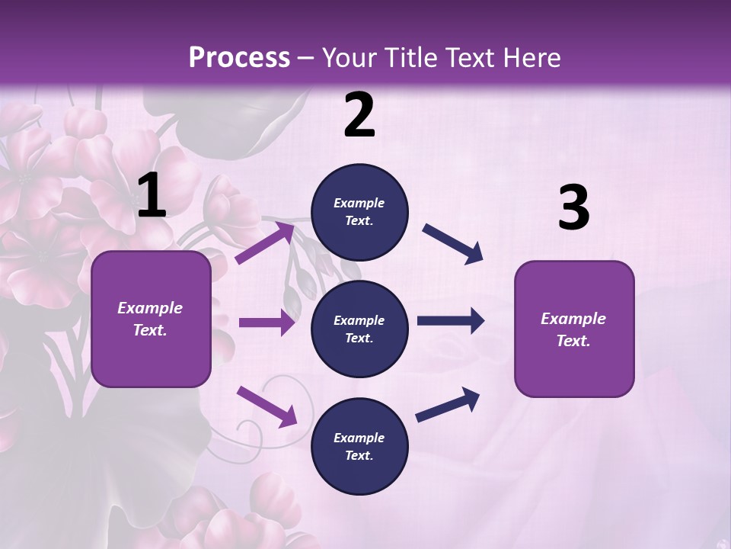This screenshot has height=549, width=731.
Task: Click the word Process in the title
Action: tap(239, 58)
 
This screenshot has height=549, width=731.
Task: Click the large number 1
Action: tap(152, 196)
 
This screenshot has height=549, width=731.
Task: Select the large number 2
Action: tap(359, 115)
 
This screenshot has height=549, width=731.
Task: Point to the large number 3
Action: tap(573, 208)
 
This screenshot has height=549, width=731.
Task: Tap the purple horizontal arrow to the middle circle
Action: tap(266, 323)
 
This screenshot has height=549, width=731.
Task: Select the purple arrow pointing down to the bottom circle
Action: tap(267, 406)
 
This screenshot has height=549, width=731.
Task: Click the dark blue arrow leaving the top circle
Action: tap(452, 244)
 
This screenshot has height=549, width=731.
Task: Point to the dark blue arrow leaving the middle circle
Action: tap(450, 321)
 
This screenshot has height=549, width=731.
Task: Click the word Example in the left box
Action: tap(150, 308)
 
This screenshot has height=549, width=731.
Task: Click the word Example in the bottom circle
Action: tap(359, 438)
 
